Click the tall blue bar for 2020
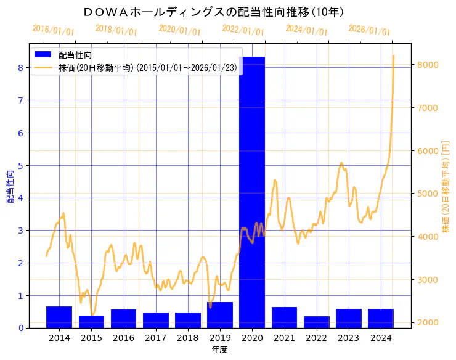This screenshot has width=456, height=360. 252,192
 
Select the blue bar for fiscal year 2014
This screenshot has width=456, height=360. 59,317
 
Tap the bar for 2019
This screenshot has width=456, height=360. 220,315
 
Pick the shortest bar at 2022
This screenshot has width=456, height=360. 316,322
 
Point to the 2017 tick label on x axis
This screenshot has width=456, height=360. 155,338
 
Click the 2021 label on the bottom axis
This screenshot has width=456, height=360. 284,338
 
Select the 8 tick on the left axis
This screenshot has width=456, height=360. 21,68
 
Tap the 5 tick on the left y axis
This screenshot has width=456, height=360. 21,165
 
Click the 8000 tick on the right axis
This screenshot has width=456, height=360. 428,65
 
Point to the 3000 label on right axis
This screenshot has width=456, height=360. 428,280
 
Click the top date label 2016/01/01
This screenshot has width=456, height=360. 53,30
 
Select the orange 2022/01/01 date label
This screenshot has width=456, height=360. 243,30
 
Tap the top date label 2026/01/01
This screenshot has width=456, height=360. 369,30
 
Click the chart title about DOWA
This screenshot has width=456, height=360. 213,12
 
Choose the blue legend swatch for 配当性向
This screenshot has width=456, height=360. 44,55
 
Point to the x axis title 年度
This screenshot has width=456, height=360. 220,350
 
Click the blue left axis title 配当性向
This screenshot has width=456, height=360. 10,187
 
